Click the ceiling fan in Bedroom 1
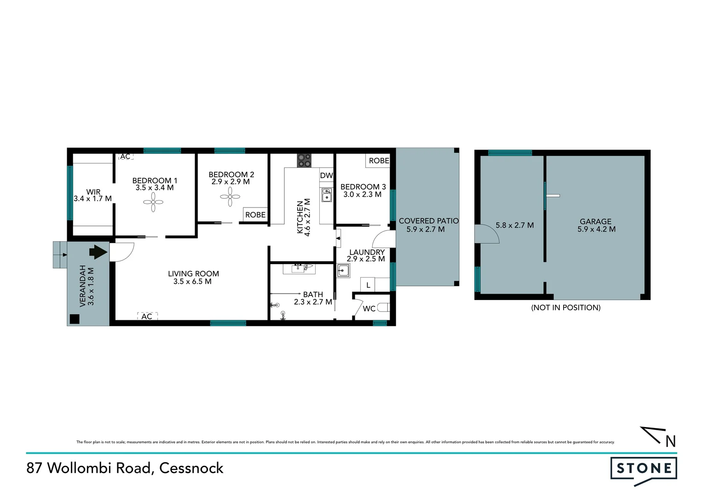(153, 202)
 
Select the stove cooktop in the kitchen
(304, 160)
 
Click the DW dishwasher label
(326, 175)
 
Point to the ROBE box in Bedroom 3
(379, 161)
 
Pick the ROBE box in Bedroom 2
(255, 214)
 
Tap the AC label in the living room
(147, 316)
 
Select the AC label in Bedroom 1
(125, 156)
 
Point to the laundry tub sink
(343, 271)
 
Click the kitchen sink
(327, 195)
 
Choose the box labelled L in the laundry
(368, 285)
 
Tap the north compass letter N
(670, 441)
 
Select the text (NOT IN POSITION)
(565, 307)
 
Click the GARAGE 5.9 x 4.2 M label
(596, 225)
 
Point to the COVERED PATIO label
(428, 221)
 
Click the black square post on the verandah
(74, 319)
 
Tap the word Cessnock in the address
(191, 468)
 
